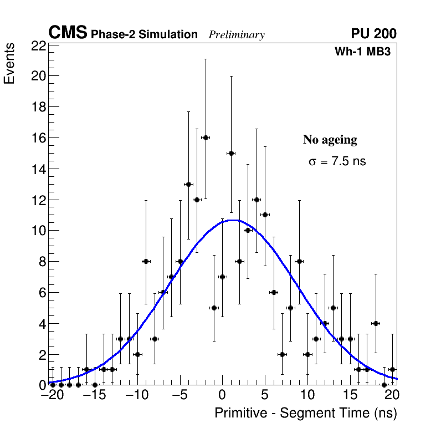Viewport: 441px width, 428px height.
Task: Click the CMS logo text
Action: point(68,33)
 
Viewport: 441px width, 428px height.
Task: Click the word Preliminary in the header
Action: point(237,35)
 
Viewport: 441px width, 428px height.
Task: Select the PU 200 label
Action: point(373,34)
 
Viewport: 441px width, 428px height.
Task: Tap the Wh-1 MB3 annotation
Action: point(363,52)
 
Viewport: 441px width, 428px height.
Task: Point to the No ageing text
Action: point(330,140)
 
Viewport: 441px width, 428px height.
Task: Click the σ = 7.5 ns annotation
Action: point(337,162)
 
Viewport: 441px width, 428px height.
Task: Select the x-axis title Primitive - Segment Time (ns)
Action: point(306,413)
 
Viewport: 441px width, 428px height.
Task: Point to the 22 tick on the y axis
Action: point(38,45)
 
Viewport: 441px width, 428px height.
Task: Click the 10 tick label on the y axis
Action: point(38,231)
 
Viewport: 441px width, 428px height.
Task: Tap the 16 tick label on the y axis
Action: point(38,138)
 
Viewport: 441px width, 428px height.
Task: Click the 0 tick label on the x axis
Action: point(222,396)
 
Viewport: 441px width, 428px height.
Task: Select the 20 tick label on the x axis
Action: point(392,396)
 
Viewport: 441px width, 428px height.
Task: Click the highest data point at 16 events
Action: point(206,137)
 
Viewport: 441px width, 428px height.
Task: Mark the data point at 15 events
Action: point(231,153)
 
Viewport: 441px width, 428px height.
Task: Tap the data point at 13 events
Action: point(188,184)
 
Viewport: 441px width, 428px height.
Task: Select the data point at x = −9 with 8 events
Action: point(146,261)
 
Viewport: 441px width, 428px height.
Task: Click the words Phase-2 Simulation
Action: point(144,35)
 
